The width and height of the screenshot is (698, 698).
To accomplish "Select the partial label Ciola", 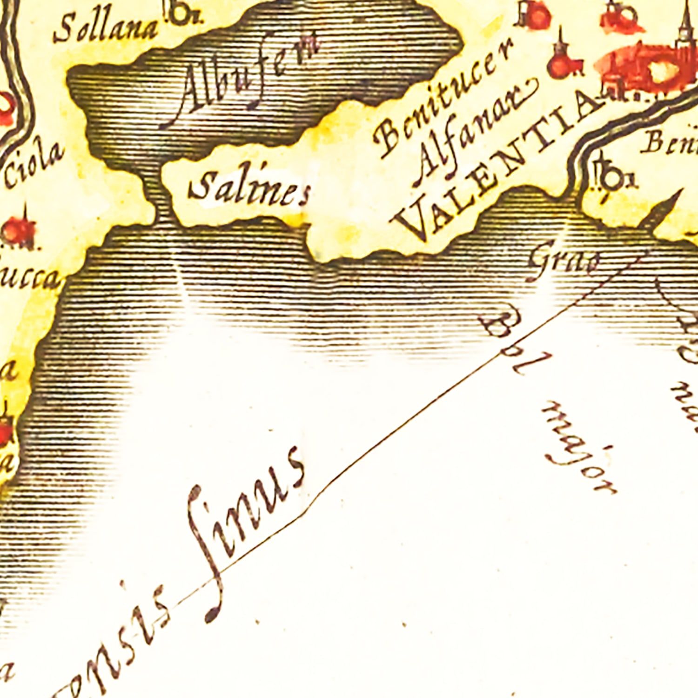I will [x=35, y=165].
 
